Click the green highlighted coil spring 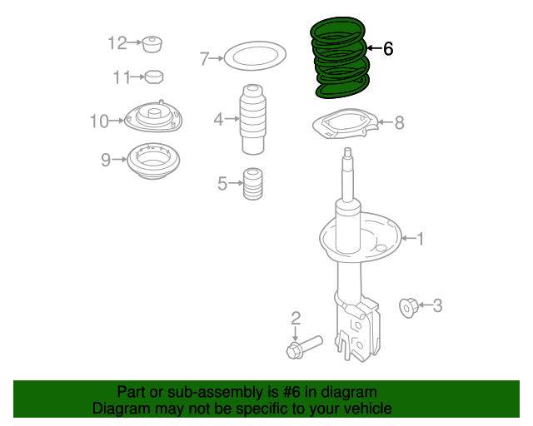[x=340, y=58]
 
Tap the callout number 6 [x=387, y=49]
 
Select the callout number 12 [x=116, y=42]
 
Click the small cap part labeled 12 [x=152, y=43]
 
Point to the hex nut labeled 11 [x=152, y=77]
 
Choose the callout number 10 [x=99, y=121]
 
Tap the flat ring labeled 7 [x=255, y=58]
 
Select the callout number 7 [x=204, y=58]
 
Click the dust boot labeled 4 [x=253, y=120]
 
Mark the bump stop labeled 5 [x=252, y=185]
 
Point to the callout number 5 [x=222, y=184]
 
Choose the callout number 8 [x=399, y=123]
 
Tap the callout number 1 [x=420, y=240]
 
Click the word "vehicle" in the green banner [x=368, y=409]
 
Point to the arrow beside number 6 [x=373, y=49]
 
